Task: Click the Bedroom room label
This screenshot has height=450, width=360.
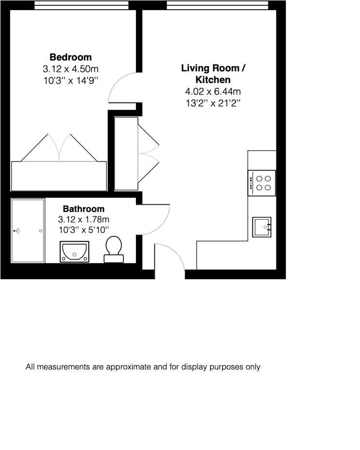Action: tap(70, 57)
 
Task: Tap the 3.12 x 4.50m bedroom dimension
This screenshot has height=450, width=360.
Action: tap(70, 69)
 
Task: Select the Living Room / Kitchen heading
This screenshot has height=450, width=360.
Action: tap(213, 74)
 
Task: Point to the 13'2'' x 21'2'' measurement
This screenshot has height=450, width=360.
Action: tap(213, 102)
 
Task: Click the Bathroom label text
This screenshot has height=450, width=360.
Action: tap(83, 209)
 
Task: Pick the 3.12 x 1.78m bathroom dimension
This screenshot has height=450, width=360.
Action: tap(83, 219)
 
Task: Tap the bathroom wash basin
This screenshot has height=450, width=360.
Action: tap(74, 251)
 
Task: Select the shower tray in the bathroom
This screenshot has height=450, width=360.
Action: tap(28, 231)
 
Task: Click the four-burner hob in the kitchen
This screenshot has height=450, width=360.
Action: tap(262, 183)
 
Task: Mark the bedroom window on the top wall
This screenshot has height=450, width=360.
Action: tap(81, 5)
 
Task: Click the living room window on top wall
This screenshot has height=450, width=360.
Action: tap(217, 5)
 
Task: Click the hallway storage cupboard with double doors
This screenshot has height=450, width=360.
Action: tap(126, 154)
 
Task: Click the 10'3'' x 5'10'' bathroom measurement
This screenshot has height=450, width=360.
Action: tap(83, 229)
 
